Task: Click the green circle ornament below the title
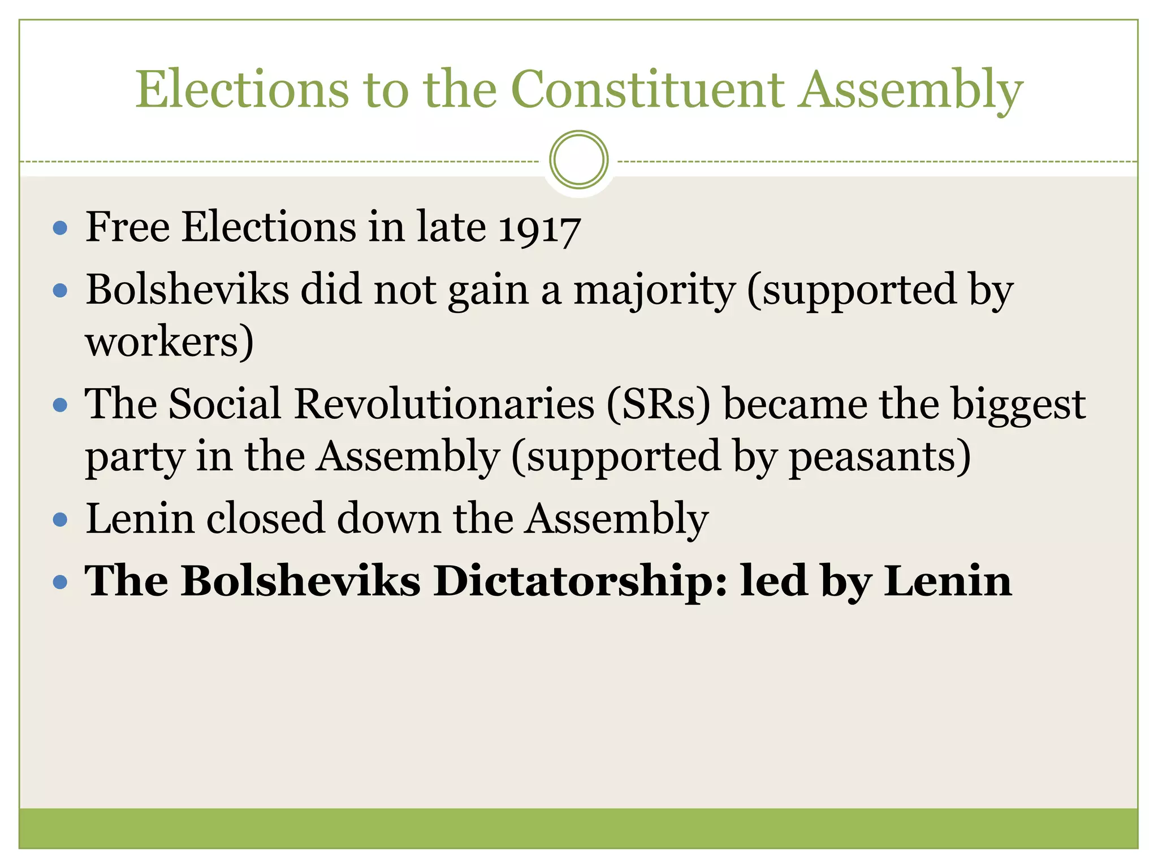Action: click(x=578, y=159)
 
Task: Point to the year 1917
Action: click(x=539, y=228)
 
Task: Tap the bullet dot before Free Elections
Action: click(x=60, y=228)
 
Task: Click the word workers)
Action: click(x=169, y=342)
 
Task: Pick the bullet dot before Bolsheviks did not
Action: click(x=60, y=291)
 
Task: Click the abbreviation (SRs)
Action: click(x=658, y=405)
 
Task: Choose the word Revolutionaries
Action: click(x=444, y=405)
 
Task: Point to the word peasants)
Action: click(x=880, y=457)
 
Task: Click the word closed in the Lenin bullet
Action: click(x=265, y=519)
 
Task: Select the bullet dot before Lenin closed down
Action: click(x=60, y=519)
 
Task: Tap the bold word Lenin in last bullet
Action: click(x=948, y=581)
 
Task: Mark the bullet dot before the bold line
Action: click(x=60, y=581)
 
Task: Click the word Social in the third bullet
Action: click(x=224, y=405)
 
